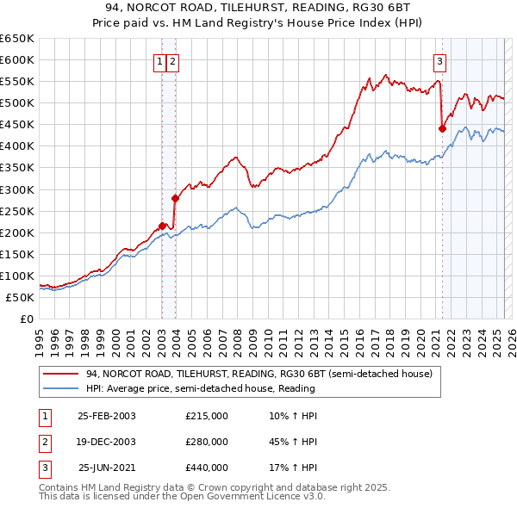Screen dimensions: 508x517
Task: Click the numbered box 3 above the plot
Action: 439,61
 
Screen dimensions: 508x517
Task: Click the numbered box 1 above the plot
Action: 160,61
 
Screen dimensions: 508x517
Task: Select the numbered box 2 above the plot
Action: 172,61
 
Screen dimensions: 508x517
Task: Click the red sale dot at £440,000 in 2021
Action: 442,128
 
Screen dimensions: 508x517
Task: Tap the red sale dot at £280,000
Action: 175,197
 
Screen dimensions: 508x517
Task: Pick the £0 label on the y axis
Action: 26,319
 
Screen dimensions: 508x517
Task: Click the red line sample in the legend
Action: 61,374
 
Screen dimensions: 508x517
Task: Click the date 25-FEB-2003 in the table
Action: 107,416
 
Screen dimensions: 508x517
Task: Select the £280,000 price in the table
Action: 207,442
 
